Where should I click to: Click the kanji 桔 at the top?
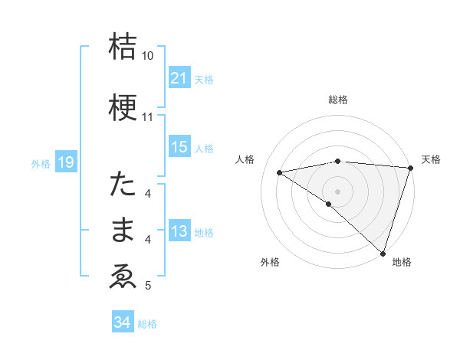(x=123, y=47)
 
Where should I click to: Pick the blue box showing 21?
(x=179, y=78)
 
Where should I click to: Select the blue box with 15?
(x=179, y=147)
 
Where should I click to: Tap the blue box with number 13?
(x=179, y=231)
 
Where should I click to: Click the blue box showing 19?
(x=65, y=162)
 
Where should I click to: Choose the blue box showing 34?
(x=122, y=323)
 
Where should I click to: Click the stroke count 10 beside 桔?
(x=147, y=56)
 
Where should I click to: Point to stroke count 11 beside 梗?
(x=147, y=117)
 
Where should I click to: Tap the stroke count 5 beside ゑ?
(x=148, y=286)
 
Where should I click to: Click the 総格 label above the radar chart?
(x=337, y=100)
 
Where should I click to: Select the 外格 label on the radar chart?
(x=270, y=263)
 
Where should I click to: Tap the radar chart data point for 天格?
(x=410, y=168)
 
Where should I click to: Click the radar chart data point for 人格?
(x=280, y=172)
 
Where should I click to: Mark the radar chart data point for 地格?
(x=383, y=253)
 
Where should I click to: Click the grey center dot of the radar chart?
(x=337, y=191)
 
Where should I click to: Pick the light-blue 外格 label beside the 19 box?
(x=40, y=163)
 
